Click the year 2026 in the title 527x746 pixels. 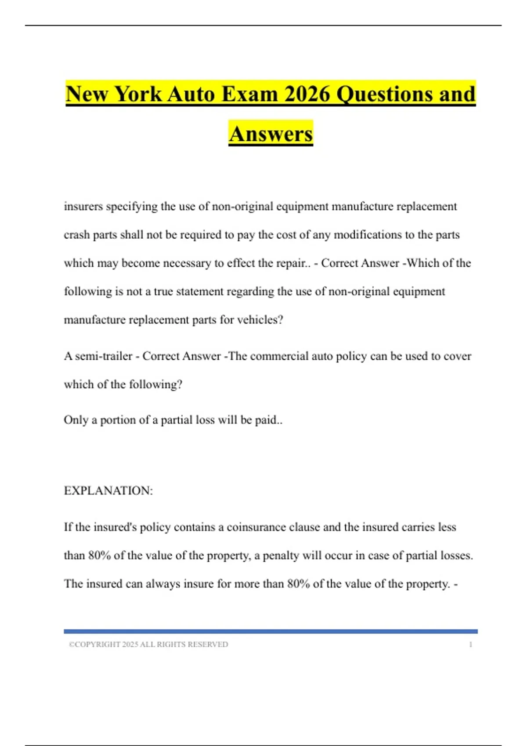[307, 94]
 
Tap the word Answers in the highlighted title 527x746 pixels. [271, 134]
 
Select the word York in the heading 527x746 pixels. [138, 94]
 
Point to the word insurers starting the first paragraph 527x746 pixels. [83, 206]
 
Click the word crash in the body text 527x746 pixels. [77, 235]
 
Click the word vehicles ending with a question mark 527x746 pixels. [260, 320]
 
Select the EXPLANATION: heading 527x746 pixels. [108, 491]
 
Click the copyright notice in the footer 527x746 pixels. [148, 645]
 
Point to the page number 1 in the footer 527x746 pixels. [470, 645]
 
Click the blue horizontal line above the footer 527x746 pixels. [271, 631]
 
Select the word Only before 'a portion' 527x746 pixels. [76, 420]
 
